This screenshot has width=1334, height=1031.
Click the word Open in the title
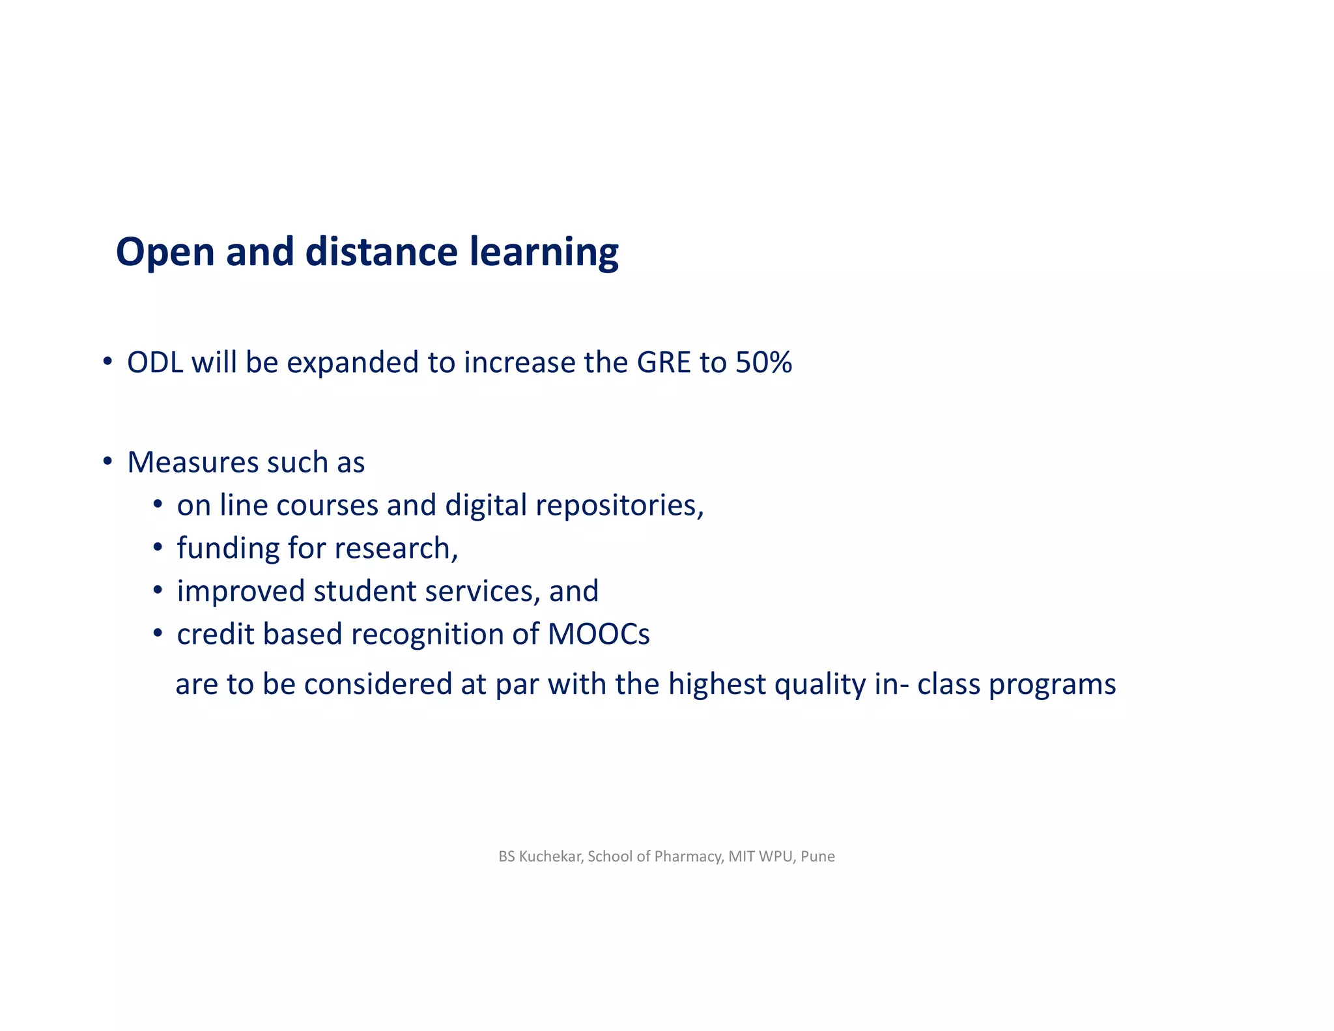point(165,253)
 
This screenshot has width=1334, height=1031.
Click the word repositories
point(619,506)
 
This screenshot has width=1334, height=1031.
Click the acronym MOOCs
point(599,634)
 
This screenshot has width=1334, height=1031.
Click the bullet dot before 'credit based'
point(158,633)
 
